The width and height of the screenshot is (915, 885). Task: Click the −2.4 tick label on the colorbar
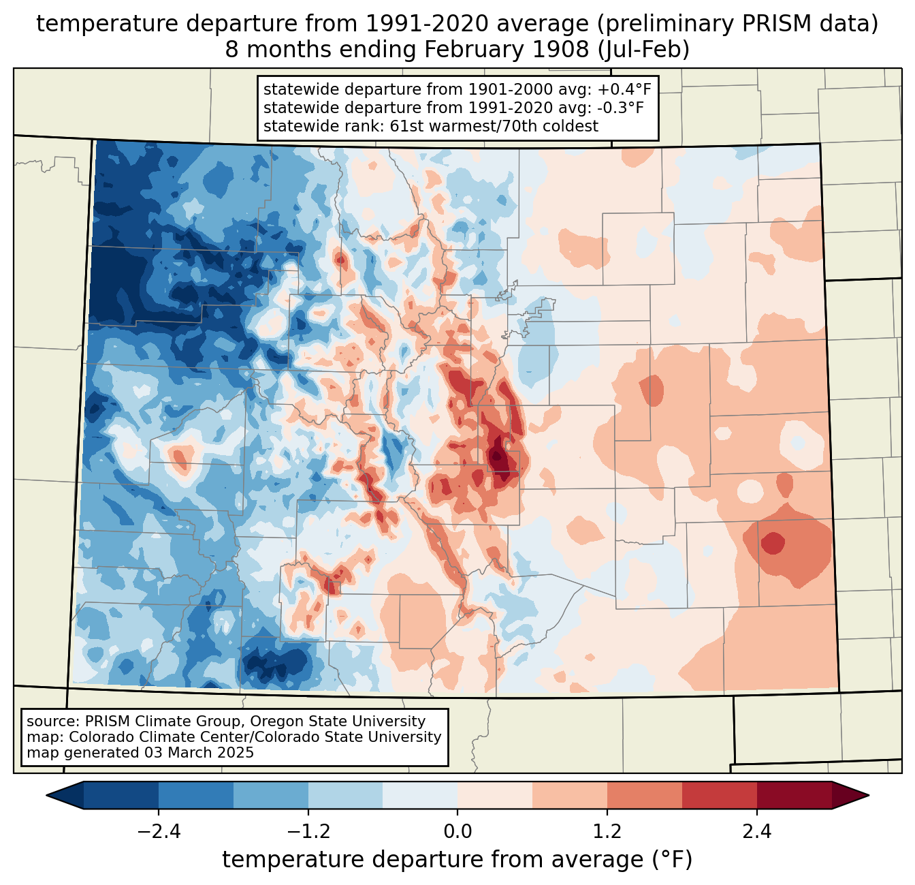click(158, 832)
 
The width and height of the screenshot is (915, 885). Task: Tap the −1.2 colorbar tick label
click(308, 832)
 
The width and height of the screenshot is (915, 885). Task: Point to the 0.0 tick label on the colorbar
click(457, 832)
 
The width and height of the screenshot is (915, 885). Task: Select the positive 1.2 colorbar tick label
click(607, 832)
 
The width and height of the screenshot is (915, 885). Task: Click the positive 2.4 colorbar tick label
click(757, 832)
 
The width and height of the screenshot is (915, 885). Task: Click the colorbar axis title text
click(457, 860)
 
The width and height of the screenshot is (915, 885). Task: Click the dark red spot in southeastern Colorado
click(773, 543)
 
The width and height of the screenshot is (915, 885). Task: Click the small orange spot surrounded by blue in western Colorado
click(179, 459)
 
